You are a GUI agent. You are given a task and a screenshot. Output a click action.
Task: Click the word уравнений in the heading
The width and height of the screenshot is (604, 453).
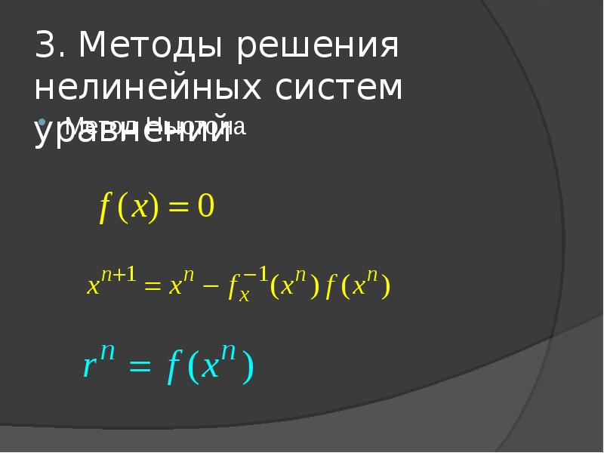[x=132, y=130]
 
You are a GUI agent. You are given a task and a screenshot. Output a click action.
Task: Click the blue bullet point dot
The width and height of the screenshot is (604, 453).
[x=42, y=122]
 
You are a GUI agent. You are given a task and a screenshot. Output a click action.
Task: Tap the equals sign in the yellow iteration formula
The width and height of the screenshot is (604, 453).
[x=153, y=288]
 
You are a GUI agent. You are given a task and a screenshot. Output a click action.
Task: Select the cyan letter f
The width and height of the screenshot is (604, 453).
[x=173, y=368]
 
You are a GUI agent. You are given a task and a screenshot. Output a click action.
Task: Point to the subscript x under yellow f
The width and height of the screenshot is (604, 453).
[x=244, y=297]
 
